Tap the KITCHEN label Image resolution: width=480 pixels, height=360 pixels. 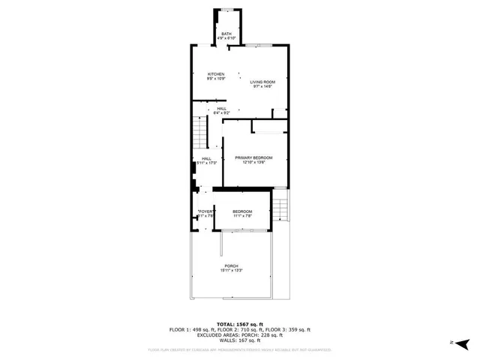[x=217, y=74]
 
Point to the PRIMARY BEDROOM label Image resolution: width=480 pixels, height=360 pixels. [x=253, y=157]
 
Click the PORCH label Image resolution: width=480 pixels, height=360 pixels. [x=232, y=266]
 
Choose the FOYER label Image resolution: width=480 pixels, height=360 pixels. [x=206, y=212]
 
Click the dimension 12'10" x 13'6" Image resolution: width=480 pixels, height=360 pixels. [x=253, y=163]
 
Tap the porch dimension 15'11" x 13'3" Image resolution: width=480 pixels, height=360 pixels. [x=232, y=271]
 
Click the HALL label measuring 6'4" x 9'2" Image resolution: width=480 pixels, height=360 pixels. [x=222, y=109]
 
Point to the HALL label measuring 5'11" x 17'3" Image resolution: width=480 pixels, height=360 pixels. [x=206, y=159]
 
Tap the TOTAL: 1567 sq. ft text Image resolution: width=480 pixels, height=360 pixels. [x=239, y=323]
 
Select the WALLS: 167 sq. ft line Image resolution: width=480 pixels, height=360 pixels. [x=239, y=341]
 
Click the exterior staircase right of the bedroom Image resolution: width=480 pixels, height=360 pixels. [x=280, y=203]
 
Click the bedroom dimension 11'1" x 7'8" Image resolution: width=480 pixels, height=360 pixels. [x=241, y=217]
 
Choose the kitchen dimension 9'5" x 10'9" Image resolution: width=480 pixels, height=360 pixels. [x=217, y=79]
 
